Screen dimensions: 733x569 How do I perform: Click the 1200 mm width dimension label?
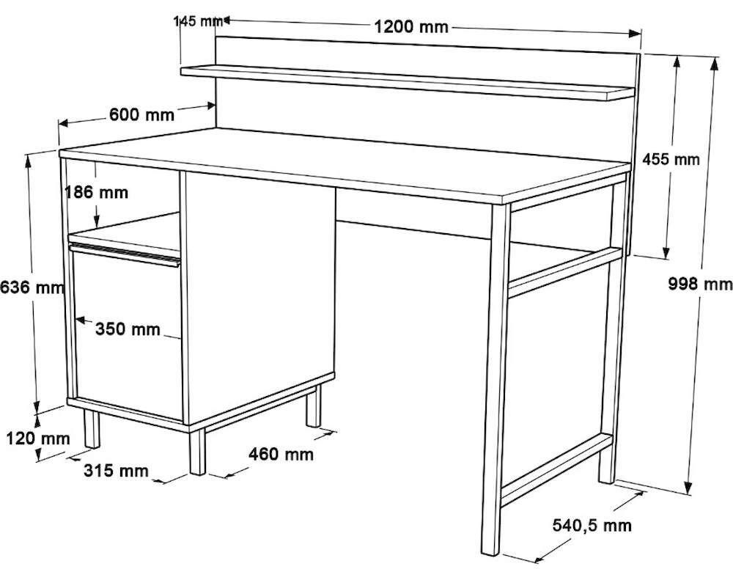[411, 26]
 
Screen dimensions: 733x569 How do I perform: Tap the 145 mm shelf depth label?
[198, 21]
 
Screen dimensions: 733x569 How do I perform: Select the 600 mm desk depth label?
[141, 114]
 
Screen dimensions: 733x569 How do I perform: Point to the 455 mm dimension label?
[671, 159]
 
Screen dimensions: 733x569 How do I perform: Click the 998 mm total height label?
[700, 283]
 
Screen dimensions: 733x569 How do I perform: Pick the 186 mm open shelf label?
[96, 191]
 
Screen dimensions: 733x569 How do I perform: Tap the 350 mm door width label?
[128, 329]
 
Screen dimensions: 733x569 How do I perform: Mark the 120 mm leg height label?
[38, 438]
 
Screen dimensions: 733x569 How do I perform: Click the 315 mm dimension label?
[116, 470]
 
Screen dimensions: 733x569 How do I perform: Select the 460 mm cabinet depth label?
[281, 454]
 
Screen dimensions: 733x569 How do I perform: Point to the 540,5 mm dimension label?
[592, 526]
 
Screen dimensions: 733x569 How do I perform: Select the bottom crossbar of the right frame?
[556, 469]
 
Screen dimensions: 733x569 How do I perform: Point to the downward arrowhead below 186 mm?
[96, 223]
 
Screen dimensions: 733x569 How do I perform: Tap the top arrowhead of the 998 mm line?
[714, 63]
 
